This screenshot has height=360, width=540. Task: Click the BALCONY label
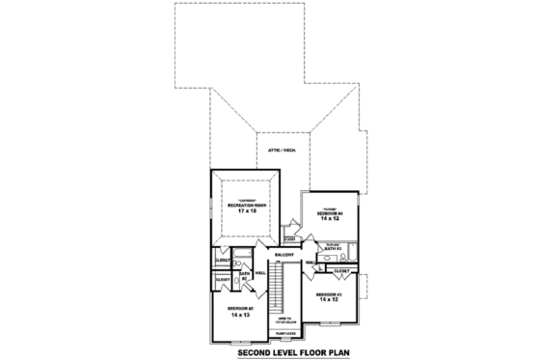tap(283, 255)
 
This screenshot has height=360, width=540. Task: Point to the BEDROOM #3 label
tap(328, 293)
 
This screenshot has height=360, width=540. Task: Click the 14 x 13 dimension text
tap(239, 315)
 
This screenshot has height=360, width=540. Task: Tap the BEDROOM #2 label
tap(239, 307)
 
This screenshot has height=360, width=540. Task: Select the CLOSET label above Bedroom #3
tap(342, 272)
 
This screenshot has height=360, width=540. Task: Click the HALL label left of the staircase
tap(259, 272)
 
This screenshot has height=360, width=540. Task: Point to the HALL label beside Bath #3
tap(310, 263)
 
